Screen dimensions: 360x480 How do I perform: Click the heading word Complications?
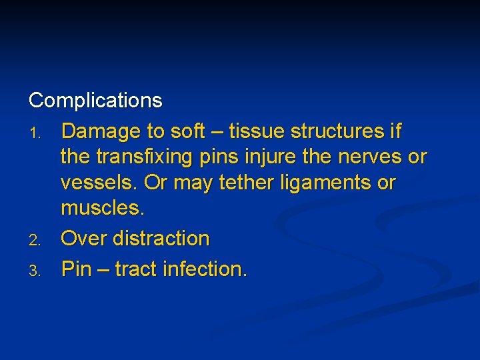(95, 101)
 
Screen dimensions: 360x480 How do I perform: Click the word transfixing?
(145, 157)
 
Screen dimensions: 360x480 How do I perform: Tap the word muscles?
(102, 209)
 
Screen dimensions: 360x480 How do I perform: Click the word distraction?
(162, 238)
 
